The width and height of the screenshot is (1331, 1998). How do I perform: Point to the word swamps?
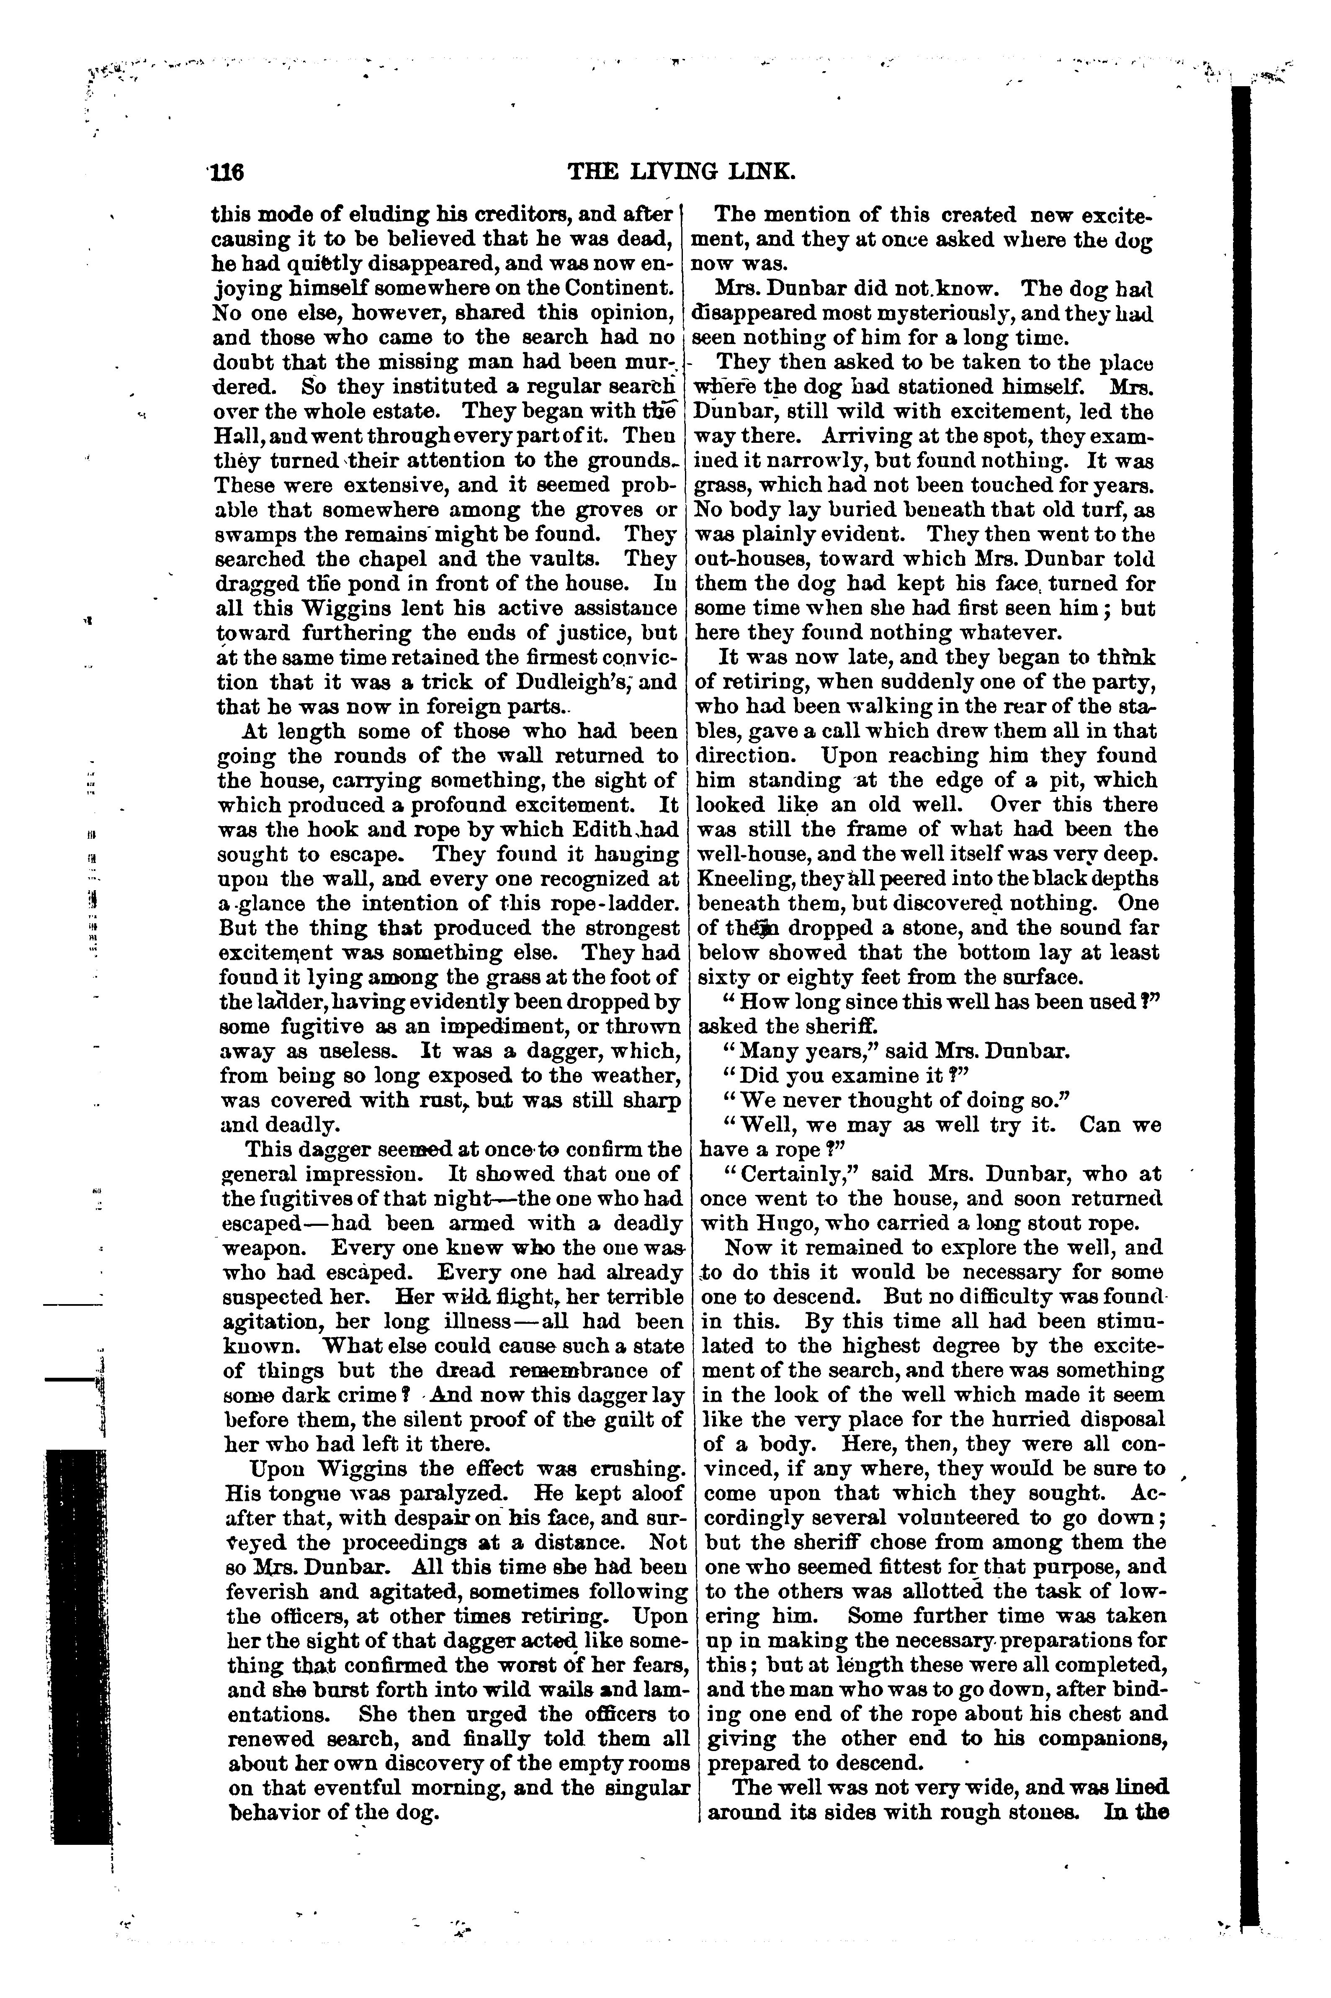(x=250, y=535)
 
